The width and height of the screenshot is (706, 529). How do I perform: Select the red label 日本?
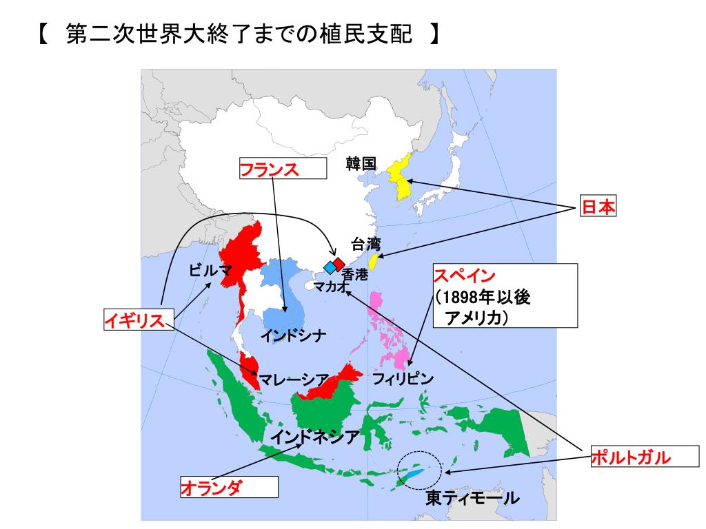click(597, 207)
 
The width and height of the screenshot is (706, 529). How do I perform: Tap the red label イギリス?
click(136, 320)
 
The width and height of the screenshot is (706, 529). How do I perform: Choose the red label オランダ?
click(212, 488)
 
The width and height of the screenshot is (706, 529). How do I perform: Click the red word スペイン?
click(464, 276)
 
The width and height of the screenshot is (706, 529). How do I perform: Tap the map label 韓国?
click(361, 163)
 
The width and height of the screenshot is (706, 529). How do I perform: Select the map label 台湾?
click(365, 244)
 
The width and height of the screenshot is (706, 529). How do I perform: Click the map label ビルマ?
click(210, 270)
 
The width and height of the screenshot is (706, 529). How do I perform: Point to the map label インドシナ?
click(293, 336)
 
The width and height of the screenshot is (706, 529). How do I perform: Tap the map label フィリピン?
click(403, 378)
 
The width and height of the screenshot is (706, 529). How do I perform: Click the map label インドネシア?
click(314, 436)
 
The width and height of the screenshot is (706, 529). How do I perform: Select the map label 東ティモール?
click(472, 498)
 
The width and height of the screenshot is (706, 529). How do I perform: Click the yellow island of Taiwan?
click(374, 262)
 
